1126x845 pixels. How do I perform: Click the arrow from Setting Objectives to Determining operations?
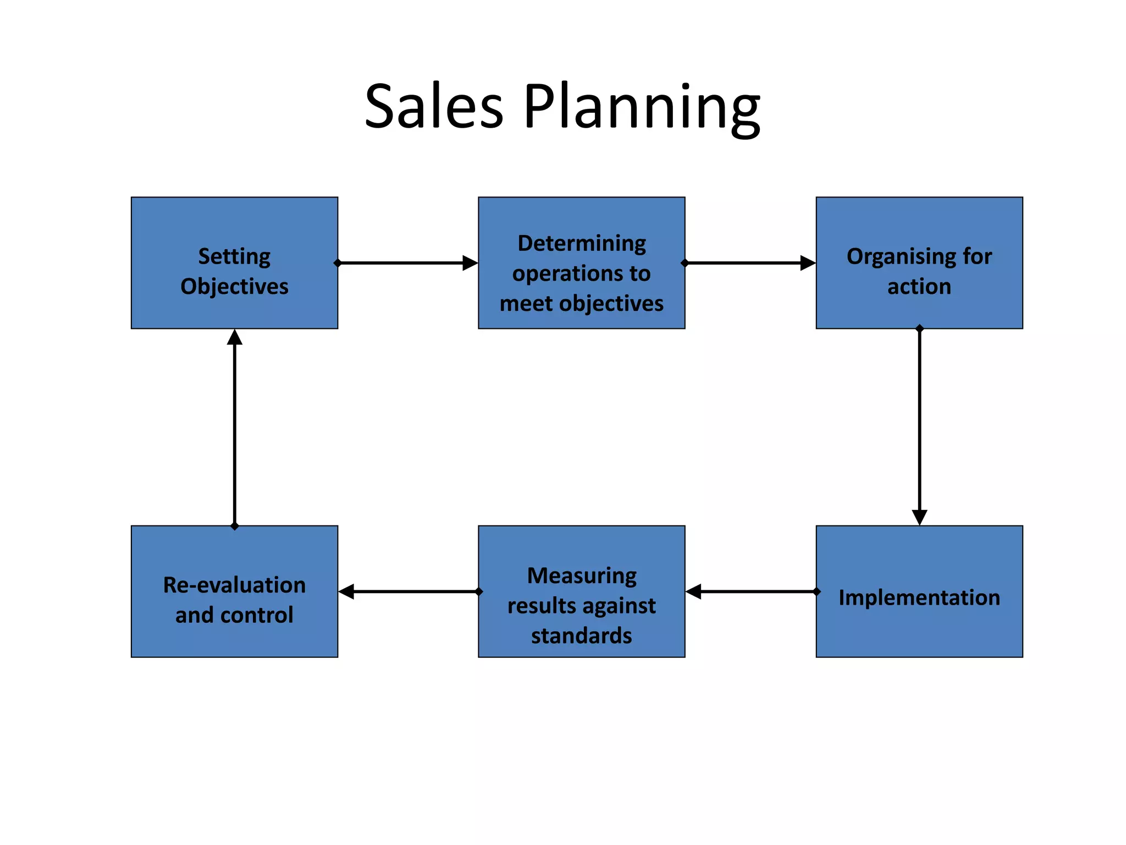tap(407, 263)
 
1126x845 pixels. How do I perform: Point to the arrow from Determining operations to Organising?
tap(750, 263)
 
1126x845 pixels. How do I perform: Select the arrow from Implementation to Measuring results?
tap(751, 591)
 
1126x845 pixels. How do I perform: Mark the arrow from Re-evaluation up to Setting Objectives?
tap(235, 426)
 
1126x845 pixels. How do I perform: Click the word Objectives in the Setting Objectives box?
tap(234, 287)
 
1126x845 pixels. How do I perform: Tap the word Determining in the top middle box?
tap(582, 243)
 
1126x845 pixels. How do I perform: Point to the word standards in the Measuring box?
tap(581, 635)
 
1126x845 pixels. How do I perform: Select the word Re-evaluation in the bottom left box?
tap(234, 585)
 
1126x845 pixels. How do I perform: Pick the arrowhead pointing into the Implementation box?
tap(919, 517)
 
